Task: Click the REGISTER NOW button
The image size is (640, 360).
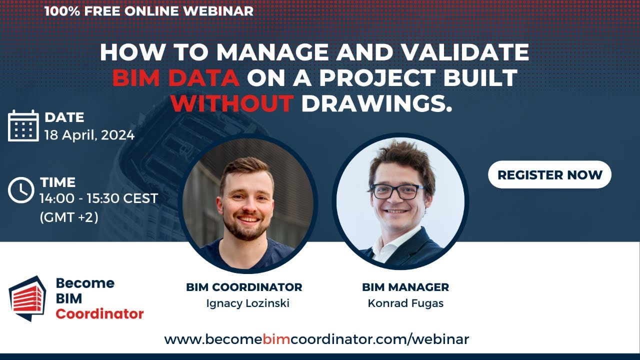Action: (x=549, y=174)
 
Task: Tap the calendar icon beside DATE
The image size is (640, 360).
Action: (x=23, y=125)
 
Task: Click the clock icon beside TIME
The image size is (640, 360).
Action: (x=21, y=190)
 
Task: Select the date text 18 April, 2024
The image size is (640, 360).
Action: (x=89, y=135)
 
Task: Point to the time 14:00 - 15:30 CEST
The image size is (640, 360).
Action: (x=98, y=198)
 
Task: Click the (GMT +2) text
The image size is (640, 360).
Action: (x=68, y=217)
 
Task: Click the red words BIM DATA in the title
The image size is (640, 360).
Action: (x=175, y=77)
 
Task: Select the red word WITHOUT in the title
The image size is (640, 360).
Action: (x=231, y=103)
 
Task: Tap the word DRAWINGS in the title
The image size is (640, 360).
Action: (x=376, y=103)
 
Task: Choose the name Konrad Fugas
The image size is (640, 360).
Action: (x=405, y=303)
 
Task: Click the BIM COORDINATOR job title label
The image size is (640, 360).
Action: (x=244, y=287)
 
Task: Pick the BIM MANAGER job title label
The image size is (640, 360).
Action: (x=405, y=287)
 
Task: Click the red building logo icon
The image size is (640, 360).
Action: (x=27, y=298)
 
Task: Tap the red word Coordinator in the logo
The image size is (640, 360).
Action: (x=99, y=314)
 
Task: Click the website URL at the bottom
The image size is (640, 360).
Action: (x=316, y=339)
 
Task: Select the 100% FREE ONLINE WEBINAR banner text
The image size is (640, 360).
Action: (x=148, y=10)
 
